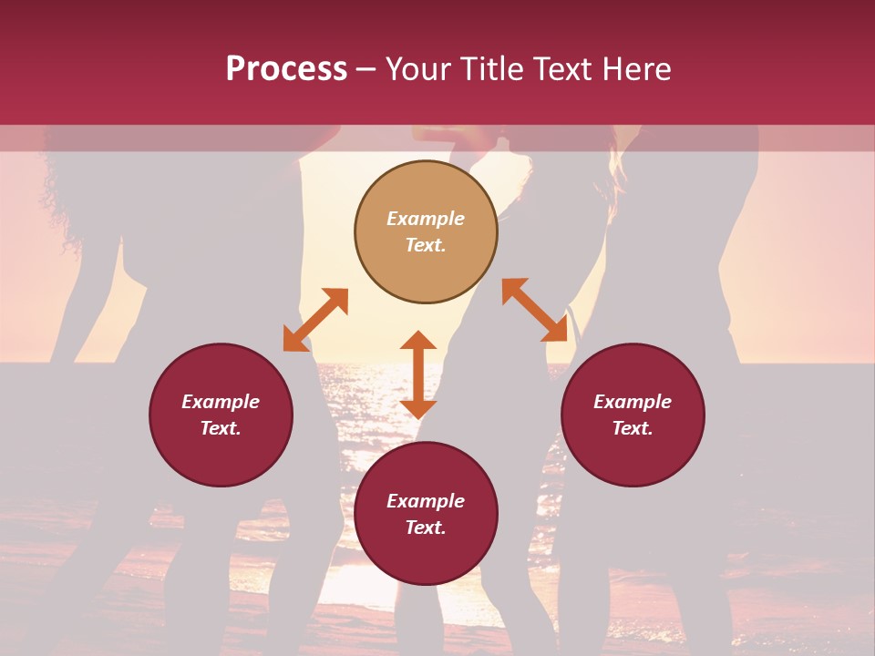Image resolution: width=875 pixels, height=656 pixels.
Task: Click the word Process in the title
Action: (286, 69)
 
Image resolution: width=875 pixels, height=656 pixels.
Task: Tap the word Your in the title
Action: (417, 69)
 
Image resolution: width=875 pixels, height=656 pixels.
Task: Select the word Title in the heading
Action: (490, 69)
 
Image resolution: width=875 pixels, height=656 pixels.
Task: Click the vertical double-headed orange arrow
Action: (418, 374)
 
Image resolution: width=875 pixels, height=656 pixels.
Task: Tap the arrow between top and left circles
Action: (315, 320)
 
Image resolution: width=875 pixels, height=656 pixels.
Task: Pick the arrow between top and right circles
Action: (534, 310)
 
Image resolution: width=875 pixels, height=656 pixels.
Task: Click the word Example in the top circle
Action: (426, 219)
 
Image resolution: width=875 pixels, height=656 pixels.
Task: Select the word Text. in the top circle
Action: (426, 245)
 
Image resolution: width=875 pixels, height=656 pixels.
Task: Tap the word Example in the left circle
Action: (221, 402)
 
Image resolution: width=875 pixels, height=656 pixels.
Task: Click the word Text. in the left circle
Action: (221, 428)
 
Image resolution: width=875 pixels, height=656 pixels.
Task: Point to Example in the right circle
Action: (633, 402)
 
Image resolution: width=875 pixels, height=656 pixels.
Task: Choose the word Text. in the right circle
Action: (633, 428)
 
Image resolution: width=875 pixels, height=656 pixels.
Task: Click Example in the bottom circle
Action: (426, 501)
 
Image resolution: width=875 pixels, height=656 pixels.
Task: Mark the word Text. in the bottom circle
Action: (426, 528)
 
